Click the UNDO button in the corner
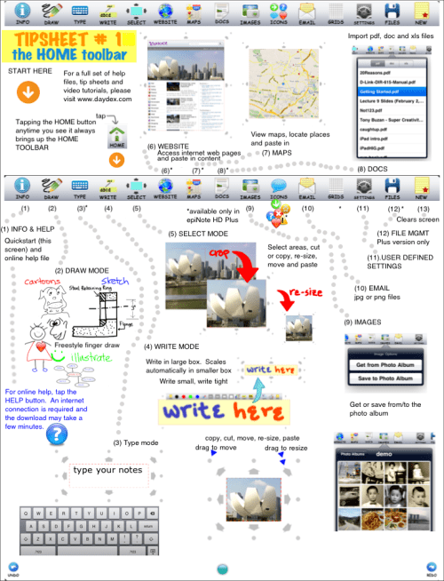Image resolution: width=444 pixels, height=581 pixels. click(12, 568)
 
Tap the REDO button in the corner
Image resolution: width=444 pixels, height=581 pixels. click(431, 568)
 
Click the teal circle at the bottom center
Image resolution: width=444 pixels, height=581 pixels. click(222, 568)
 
